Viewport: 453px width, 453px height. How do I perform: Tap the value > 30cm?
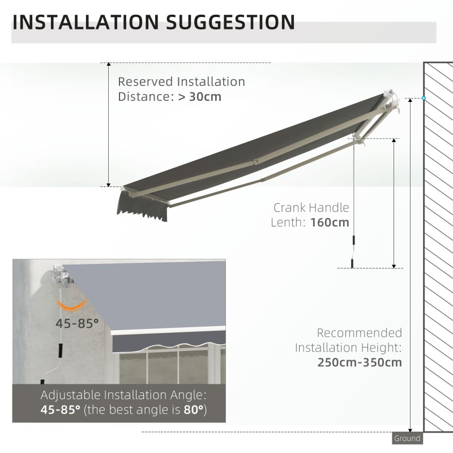click(200, 96)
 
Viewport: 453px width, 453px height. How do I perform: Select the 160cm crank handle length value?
click(330, 223)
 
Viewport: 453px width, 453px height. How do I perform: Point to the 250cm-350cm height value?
click(360, 362)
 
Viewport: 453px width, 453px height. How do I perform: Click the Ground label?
click(407, 438)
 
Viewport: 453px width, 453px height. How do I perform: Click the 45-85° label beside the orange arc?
click(77, 323)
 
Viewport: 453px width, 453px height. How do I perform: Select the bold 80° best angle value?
click(191, 409)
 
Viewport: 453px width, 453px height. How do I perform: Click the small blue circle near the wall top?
click(423, 99)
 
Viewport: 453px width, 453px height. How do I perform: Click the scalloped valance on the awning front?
click(142, 208)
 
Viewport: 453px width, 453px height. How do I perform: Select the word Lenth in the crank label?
click(289, 223)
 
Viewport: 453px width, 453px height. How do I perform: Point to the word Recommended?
click(360, 333)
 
